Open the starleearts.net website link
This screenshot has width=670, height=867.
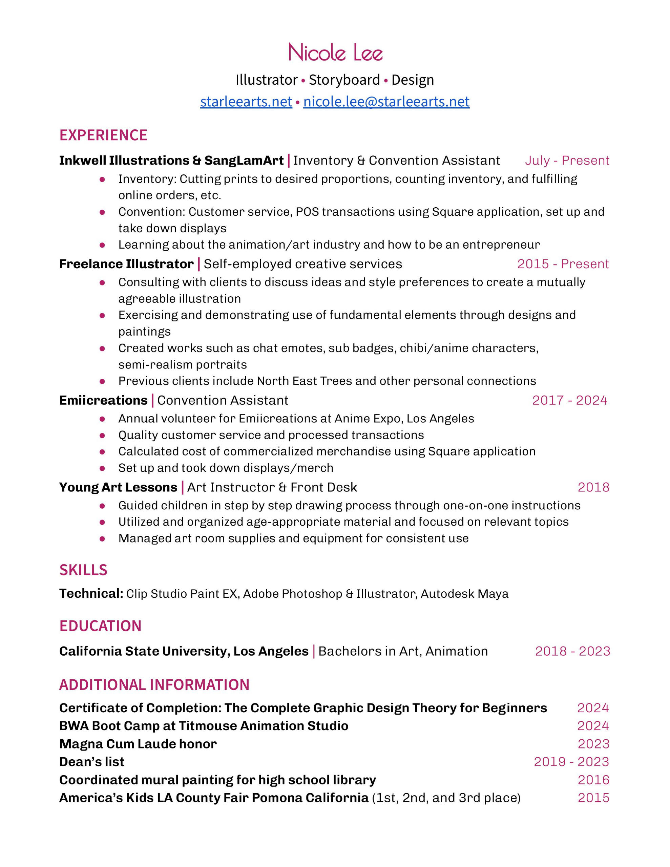[246, 102]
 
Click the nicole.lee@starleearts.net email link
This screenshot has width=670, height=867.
[386, 102]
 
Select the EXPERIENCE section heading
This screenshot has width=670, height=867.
[103, 135]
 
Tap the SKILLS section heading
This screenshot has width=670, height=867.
[83, 570]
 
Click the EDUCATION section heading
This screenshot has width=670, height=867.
[101, 626]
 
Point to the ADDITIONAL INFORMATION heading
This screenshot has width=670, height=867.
[154, 685]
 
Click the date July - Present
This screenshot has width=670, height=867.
[567, 161]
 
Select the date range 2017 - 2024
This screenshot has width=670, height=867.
[569, 400]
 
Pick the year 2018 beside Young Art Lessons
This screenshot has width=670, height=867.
[593, 487]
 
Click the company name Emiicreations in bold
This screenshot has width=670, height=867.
[103, 400]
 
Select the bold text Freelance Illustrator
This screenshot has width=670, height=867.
[126, 264]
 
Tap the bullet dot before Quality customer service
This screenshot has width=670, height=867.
[102, 436]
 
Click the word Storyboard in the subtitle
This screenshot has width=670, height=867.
[344, 80]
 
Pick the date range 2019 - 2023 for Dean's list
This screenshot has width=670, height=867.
[571, 761]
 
